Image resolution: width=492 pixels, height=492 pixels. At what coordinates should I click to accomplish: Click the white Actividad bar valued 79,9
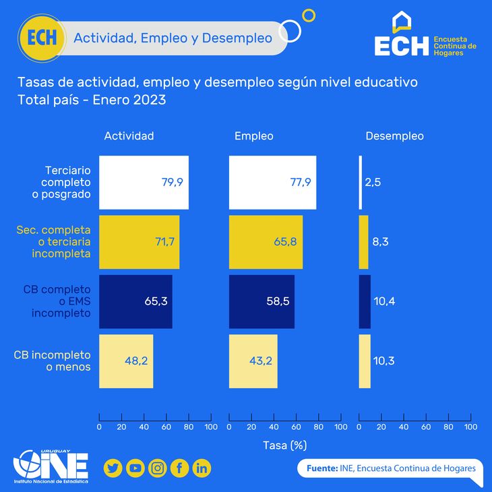point(144,182)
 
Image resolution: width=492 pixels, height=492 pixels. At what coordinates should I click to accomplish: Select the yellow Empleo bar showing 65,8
point(266,242)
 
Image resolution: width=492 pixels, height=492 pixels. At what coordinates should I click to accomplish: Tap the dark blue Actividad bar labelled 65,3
point(135,301)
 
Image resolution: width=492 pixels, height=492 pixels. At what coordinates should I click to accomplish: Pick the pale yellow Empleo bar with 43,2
point(253,361)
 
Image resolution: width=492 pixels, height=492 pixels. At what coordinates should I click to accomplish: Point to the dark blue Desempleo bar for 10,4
point(364,301)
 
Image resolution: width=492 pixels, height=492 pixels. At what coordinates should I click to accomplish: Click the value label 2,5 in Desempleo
point(373,183)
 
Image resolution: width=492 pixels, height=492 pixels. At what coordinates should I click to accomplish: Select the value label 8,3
point(379,242)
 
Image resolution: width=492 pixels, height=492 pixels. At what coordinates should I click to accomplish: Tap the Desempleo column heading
point(394,136)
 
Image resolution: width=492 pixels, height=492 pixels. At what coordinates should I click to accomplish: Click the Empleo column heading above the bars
point(253,136)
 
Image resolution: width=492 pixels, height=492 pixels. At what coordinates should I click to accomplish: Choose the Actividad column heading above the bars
point(129,136)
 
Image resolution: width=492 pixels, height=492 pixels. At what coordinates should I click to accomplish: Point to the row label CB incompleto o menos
point(53,361)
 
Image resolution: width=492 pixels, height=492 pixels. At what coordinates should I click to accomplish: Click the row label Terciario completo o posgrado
point(66,182)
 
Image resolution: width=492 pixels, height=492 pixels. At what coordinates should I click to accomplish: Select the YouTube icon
point(135,468)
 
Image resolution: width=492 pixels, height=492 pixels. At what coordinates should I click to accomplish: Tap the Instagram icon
point(157,468)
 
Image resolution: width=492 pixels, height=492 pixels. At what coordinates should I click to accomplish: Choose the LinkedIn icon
point(202,468)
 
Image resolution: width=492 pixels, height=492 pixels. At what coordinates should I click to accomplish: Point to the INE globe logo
point(30,465)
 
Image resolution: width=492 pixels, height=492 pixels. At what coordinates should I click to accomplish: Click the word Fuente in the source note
point(321,468)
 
